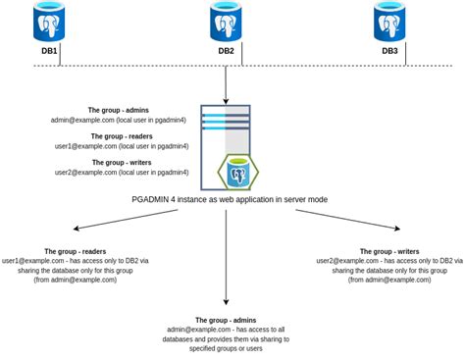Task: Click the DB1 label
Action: [x=48, y=52]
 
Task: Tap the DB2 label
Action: [x=226, y=52]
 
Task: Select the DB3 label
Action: [x=390, y=52]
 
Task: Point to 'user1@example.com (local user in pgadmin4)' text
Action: [x=121, y=146]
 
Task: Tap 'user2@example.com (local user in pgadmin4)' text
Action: [x=121, y=173]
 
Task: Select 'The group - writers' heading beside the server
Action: [x=121, y=163]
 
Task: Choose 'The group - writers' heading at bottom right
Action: [x=382, y=251]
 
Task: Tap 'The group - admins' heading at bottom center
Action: [x=226, y=321]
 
